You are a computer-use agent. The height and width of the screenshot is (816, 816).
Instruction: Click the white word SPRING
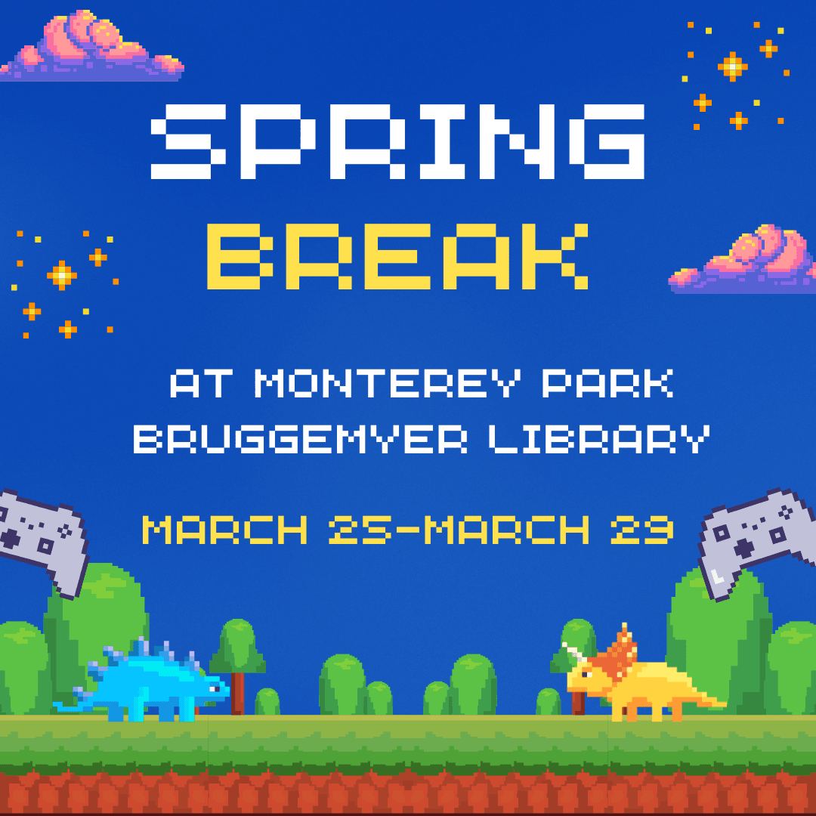coord(398,141)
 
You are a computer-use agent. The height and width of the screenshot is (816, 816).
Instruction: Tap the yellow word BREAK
coord(397,255)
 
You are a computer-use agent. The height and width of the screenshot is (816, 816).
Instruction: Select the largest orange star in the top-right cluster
coord(732,66)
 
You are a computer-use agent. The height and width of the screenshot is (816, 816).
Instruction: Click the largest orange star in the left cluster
coord(61,275)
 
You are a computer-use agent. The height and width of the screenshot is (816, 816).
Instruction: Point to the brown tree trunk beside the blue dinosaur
coord(238,691)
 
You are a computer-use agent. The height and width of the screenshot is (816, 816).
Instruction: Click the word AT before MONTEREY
coord(198,384)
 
